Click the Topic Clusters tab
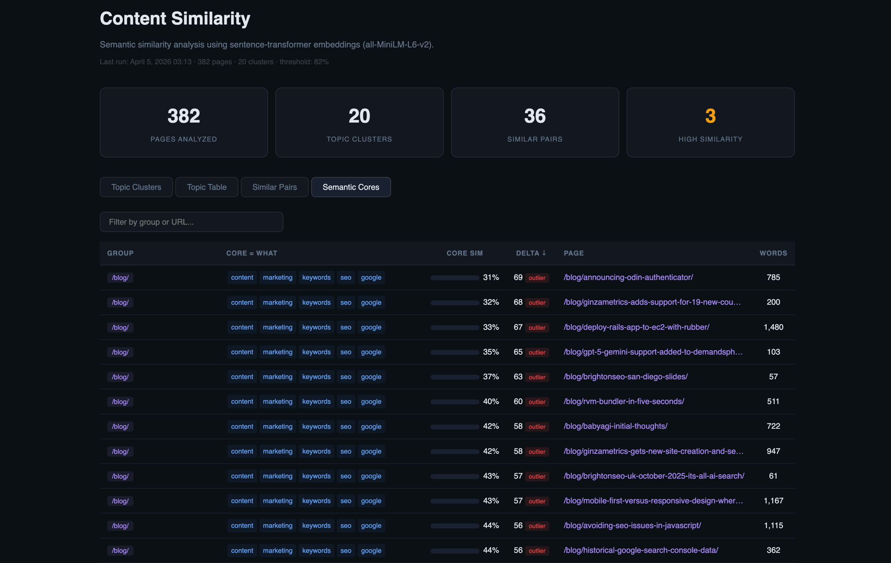(x=136, y=187)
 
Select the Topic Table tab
(x=207, y=187)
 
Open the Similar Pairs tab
(x=274, y=187)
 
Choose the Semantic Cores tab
(x=351, y=187)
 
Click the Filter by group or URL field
(x=191, y=222)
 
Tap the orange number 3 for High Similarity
(x=710, y=116)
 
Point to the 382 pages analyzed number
(x=184, y=116)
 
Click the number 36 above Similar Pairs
(x=535, y=116)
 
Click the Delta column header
(x=531, y=253)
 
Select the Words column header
(x=773, y=253)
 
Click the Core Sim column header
(x=464, y=253)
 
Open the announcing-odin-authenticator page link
(x=628, y=277)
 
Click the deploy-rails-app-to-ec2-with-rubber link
(x=636, y=327)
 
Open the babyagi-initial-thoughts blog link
(x=615, y=426)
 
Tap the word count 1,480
(x=773, y=327)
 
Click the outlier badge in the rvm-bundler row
(x=537, y=402)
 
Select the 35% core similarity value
(x=490, y=352)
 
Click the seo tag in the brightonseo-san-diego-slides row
(x=346, y=377)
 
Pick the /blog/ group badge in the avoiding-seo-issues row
(x=120, y=526)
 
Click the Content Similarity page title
(x=175, y=19)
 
